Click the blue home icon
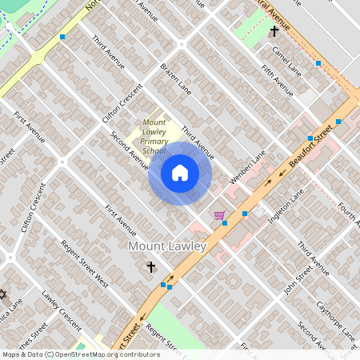point(180,173)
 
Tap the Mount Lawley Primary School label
point(149,136)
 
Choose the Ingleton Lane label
point(286,206)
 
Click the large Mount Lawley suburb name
point(167,246)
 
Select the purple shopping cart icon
point(218,215)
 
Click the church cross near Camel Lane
point(274,31)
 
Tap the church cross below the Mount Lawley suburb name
point(150,266)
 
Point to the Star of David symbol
point(2,295)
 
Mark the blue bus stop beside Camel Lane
point(318,62)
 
